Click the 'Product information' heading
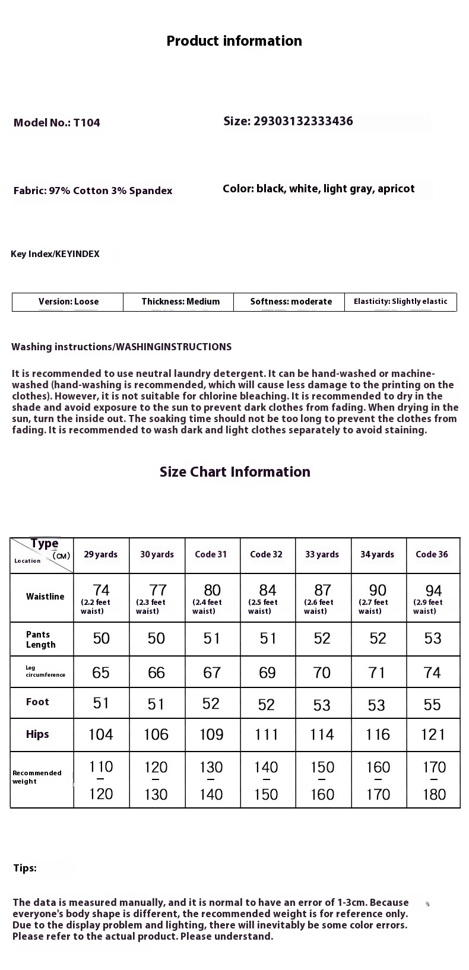point(234,41)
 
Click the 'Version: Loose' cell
point(68,302)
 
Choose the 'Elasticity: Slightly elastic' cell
point(400,302)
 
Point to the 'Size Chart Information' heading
point(235,472)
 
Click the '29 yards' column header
point(101,554)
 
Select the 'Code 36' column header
point(432,554)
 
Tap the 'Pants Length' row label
point(41,639)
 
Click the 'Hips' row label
point(37,734)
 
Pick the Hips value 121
point(433,735)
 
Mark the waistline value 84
point(267,591)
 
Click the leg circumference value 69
point(267,673)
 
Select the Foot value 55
point(432,705)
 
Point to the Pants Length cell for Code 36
point(433,638)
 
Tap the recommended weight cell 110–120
point(101,780)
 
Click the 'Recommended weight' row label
point(37,777)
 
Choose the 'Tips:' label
point(25,868)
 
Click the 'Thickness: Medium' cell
point(180,302)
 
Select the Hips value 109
point(211,735)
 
